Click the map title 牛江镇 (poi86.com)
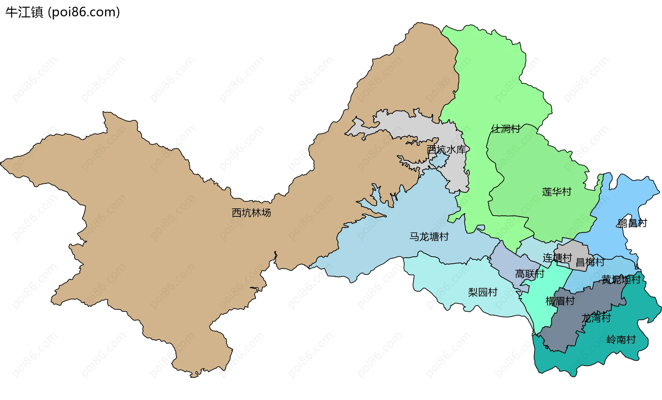pyautogui.click(x=62, y=12)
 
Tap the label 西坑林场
pyautogui.click(x=251, y=213)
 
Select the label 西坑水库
pyautogui.click(x=446, y=149)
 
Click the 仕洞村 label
pyautogui.click(x=505, y=129)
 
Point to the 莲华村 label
pyautogui.click(x=556, y=192)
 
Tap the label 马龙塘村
pyautogui.click(x=429, y=237)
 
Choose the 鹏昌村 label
pyautogui.click(x=632, y=223)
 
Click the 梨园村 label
pyautogui.click(x=482, y=292)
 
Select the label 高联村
pyautogui.click(x=529, y=274)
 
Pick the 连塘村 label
pyautogui.click(x=557, y=257)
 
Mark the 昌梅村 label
pyautogui.click(x=590, y=262)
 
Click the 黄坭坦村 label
pyautogui.click(x=621, y=279)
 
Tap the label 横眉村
pyautogui.click(x=560, y=301)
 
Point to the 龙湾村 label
pyautogui.click(x=596, y=318)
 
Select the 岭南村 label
pyautogui.click(x=621, y=339)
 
